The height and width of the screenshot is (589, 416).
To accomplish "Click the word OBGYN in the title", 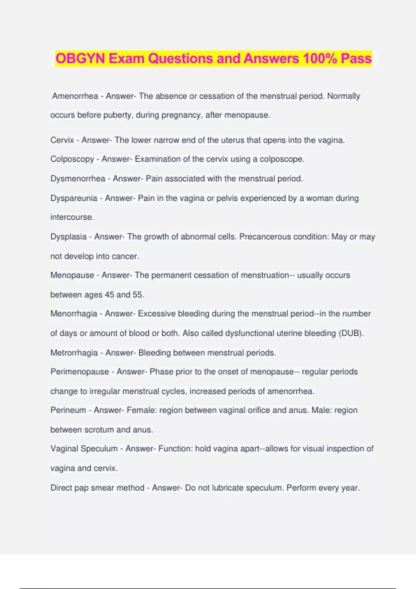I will [80, 59].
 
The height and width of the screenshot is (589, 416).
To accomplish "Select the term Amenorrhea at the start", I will [75, 96].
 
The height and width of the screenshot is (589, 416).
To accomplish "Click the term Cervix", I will [62, 140].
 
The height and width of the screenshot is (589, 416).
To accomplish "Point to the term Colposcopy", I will [72, 159].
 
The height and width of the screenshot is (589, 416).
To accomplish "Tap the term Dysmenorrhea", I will [78, 178].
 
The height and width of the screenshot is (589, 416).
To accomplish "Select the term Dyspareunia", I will [74, 198].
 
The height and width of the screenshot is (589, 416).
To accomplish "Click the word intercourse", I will [72, 217].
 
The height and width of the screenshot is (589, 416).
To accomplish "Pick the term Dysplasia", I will [68, 237].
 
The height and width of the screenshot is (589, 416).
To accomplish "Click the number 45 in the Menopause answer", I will [109, 294].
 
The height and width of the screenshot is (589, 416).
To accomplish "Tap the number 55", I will [138, 294].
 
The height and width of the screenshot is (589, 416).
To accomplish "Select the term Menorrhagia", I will [74, 314].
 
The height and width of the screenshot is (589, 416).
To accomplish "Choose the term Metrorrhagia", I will [74, 353].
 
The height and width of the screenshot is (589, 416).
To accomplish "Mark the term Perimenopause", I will [79, 372].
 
